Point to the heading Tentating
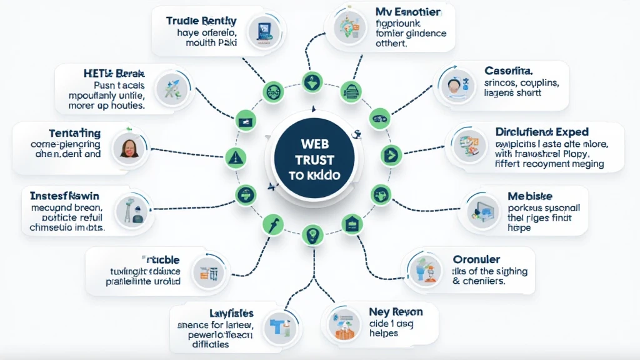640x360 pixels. click(74, 132)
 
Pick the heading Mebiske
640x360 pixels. click(530, 196)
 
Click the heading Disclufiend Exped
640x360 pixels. click(541, 132)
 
